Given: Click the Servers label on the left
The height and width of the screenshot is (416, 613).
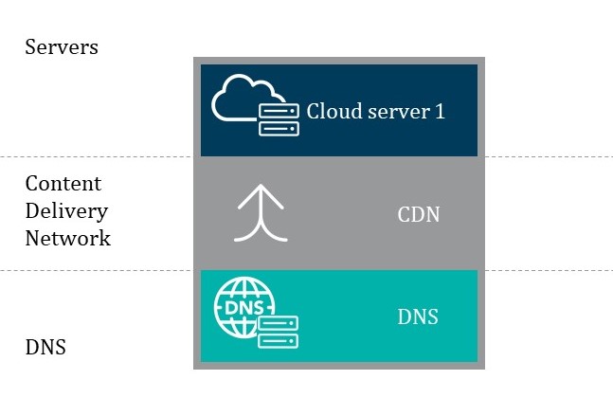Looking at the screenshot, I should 61,46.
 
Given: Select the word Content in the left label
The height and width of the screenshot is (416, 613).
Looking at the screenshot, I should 63,183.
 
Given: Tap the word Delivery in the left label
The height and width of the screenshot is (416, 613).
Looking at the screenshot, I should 66,210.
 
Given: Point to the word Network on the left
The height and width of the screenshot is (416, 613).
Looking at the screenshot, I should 67,238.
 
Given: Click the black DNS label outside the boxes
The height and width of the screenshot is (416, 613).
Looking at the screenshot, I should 45,347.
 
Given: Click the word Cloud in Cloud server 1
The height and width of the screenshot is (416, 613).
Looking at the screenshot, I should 328,111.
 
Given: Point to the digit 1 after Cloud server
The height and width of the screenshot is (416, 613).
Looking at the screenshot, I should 440,111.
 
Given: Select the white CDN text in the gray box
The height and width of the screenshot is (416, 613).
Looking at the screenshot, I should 418,215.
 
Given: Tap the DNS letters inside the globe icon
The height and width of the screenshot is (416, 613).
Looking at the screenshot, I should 242,307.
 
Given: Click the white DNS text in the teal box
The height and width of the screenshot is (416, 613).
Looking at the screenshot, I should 418,317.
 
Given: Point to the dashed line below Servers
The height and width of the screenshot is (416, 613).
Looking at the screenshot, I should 95,156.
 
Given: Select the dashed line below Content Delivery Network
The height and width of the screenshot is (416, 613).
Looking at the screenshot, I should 95,270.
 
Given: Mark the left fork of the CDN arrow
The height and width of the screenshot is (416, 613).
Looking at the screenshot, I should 243,233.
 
